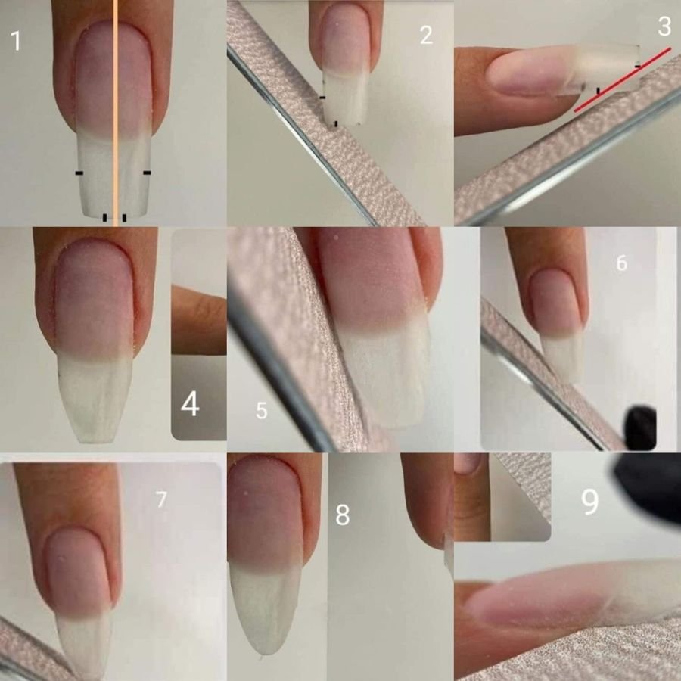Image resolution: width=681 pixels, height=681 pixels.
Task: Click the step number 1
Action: pyautogui.click(x=16, y=40)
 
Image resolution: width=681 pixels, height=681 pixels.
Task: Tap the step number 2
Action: pyautogui.click(x=426, y=35)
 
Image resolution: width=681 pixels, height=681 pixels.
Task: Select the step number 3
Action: pyautogui.click(x=664, y=27)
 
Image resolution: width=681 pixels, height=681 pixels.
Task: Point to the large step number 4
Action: pyautogui.click(x=190, y=404)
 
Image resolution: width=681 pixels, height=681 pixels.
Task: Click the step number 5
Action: pyautogui.click(x=261, y=411)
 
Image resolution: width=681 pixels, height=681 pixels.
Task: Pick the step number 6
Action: pyautogui.click(x=621, y=263)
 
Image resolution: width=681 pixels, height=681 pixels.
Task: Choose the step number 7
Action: pyautogui.click(x=161, y=499)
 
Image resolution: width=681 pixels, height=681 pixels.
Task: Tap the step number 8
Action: pyautogui.click(x=342, y=515)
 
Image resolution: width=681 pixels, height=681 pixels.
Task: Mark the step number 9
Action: pyautogui.click(x=589, y=502)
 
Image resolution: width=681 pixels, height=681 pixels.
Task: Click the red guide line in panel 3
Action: pyautogui.click(x=623, y=79)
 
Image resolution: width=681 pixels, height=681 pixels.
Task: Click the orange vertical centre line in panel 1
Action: pyautogui.click(x=115, y=113)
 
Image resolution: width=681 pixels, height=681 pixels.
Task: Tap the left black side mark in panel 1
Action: pyautogui.click(x=79, y=173)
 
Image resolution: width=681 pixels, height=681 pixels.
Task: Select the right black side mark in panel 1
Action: pyautogui.click(x=147, y=173)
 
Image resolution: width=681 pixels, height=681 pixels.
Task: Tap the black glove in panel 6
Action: pyautogui.click(x=640, y=428)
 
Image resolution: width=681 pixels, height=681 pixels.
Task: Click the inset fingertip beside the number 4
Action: pyautogui.click(x=198, y=322)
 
